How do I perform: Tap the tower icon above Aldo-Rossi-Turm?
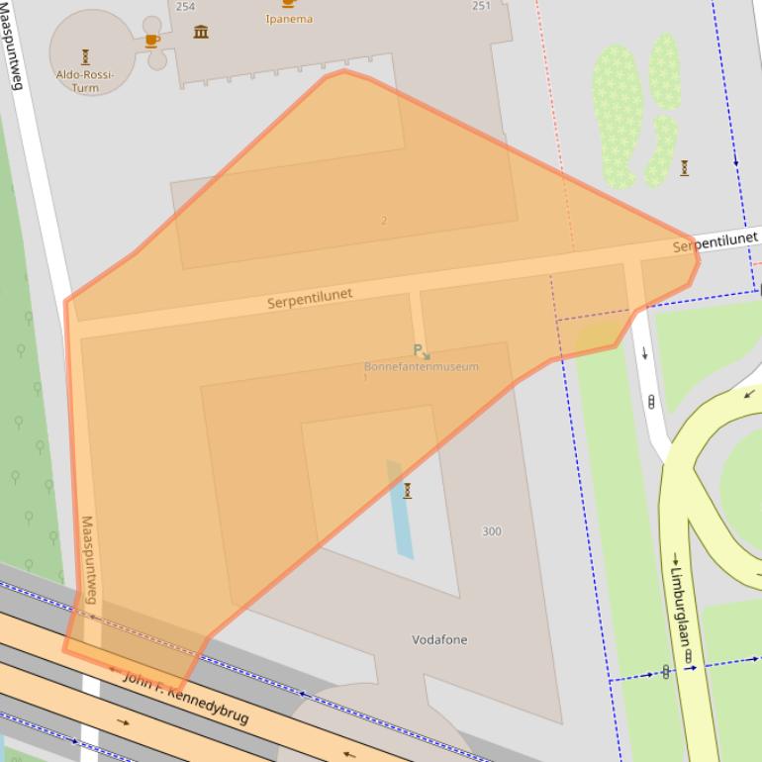point(85,56)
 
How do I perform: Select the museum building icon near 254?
point(201,32)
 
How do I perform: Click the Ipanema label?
point(289,19)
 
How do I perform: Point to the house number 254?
point(185,6)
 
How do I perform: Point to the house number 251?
point(481,6)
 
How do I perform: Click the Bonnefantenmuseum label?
point(421,367)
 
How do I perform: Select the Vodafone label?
point(439,640)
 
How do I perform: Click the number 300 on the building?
point(492,531)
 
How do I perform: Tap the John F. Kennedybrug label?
point(185,697)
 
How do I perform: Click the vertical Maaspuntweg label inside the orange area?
point(89,559)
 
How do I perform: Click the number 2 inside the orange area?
point(384,221)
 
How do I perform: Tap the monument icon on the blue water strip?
point(407,491)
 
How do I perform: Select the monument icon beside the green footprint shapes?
point(684,168)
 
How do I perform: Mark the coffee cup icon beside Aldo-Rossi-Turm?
point(151,41)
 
